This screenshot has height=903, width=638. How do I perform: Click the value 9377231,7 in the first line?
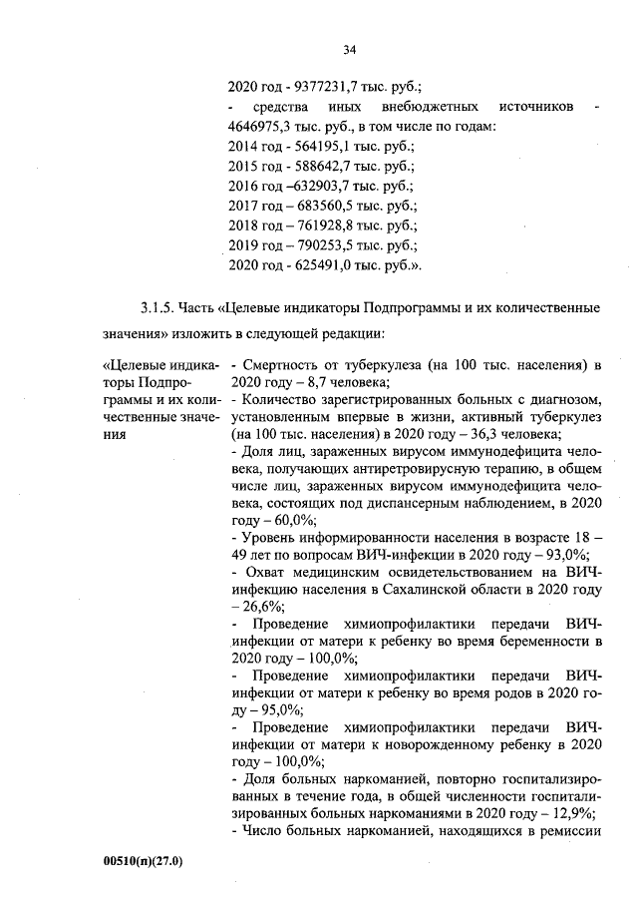tap(320, 87)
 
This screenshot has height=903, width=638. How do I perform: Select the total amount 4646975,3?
tap(261, 127)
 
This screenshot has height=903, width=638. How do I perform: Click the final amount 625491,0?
tap(320, 265)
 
